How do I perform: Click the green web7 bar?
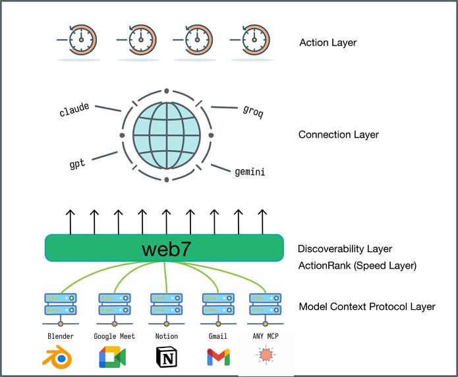point(165,249)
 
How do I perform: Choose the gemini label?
point(250,172)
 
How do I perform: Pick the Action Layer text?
point(328,43)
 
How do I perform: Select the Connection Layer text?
point(339,135)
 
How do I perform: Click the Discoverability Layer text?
point(345,249)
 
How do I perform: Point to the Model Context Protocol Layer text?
point(367,307)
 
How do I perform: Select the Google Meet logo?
point(114,357)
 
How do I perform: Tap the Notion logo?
point(166,357)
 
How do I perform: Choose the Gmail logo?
point(218,357)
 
